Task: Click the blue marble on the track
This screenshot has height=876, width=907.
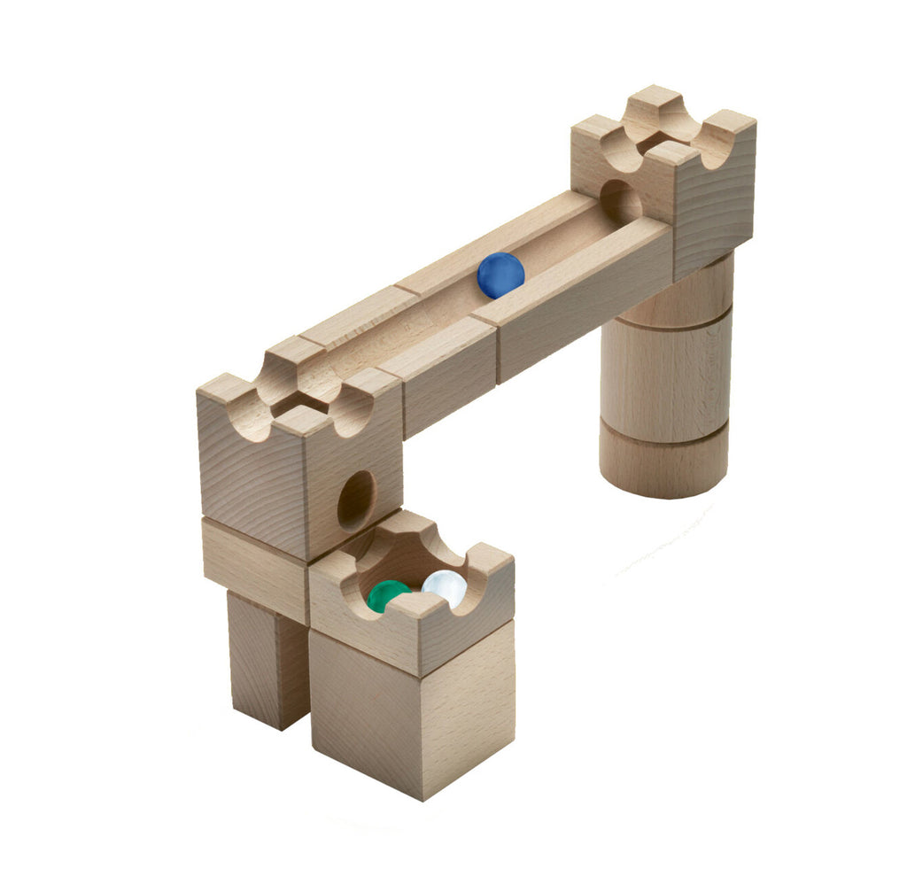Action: [500, 275]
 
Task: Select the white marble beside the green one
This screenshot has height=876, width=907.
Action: [445, 587]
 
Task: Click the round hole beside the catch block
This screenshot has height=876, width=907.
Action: [355, 500]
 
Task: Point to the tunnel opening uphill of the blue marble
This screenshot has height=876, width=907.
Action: [620, 202]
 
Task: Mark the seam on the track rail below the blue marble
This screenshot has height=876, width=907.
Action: [497, 350]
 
